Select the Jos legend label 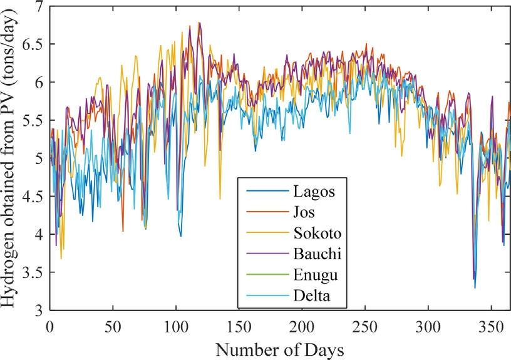(304, 212)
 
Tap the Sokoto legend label (317, 234)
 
